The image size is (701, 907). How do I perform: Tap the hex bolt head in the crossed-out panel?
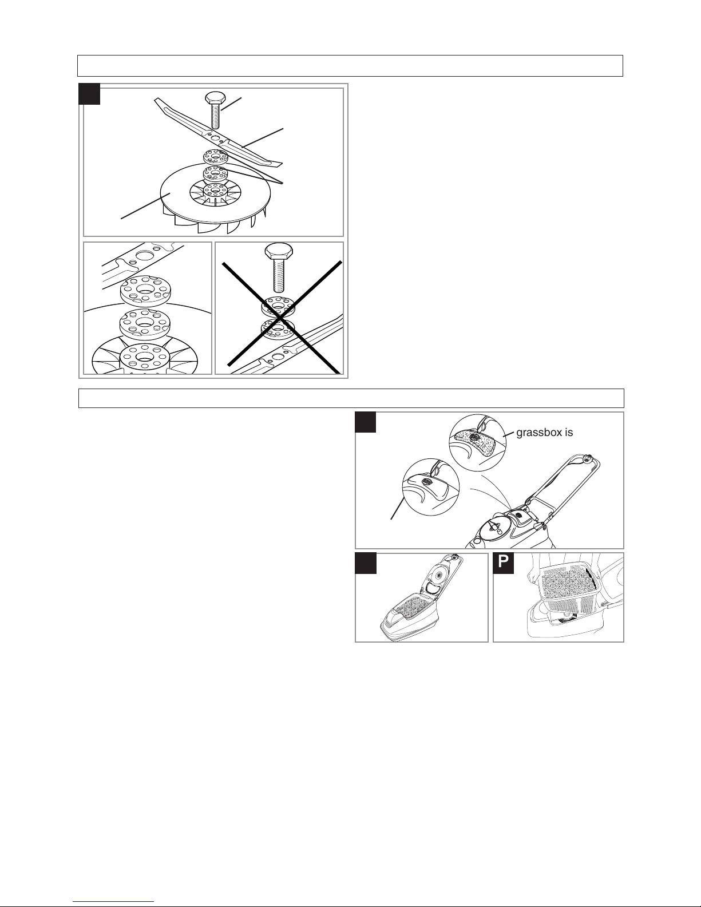(279, 251)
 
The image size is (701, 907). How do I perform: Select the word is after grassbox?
(569, 433)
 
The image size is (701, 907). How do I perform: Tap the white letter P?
(504, 563)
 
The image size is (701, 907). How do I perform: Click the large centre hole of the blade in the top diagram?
(215, 138)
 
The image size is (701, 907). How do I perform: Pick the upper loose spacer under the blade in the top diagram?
(215, 157)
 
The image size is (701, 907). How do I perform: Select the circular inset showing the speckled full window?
(477, 443)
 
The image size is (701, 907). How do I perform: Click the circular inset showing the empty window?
(430, 487)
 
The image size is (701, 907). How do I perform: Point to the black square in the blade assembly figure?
(89, 94)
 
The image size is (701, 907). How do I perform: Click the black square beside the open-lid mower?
(366, 564)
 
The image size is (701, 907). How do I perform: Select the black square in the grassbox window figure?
(366, 422)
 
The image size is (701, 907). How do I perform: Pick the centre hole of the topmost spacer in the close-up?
(145, 289)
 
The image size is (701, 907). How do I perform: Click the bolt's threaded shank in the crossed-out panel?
(279, 275)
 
